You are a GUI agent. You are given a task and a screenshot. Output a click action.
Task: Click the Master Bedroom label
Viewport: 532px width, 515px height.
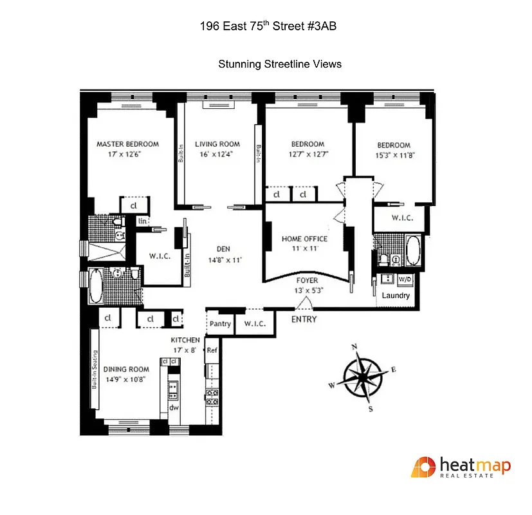click(127, 144)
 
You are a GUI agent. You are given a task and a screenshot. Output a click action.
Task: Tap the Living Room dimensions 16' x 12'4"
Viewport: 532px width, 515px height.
click(217, 154)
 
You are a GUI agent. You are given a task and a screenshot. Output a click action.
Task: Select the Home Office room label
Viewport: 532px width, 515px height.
click(304, 239)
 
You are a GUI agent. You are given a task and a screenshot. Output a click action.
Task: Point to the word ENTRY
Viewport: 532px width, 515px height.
click(304, 319)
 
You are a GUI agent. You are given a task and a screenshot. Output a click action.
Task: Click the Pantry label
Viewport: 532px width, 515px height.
click(220, 324)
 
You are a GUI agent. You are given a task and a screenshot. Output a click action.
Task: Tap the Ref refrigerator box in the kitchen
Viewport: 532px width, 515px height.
click(211, 351)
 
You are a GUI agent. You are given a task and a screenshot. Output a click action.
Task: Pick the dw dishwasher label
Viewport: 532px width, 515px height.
click(173, 408)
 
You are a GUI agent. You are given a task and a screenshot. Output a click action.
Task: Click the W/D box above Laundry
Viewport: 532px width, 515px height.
click(405, 279)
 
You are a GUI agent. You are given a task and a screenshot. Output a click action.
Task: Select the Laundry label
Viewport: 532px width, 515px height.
click(396, 295)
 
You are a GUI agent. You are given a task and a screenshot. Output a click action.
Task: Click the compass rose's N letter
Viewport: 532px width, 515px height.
click(354, 347)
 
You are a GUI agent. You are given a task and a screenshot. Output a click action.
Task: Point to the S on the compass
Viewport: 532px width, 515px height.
click(370, 408)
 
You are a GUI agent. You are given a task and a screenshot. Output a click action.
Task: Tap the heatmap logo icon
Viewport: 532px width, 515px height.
click(423, 467)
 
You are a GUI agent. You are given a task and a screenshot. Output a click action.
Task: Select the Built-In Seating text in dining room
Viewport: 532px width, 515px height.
click(94, 370)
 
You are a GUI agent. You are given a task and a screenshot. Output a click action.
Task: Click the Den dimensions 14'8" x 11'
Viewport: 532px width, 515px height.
click(223, 260)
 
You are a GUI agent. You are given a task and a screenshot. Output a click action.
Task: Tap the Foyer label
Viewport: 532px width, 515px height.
click(307, 281)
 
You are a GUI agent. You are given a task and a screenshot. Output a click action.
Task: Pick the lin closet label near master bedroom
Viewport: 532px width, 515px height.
click(141, 221)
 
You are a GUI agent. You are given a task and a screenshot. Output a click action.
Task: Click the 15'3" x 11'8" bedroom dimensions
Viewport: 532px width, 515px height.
click(394, 155)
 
